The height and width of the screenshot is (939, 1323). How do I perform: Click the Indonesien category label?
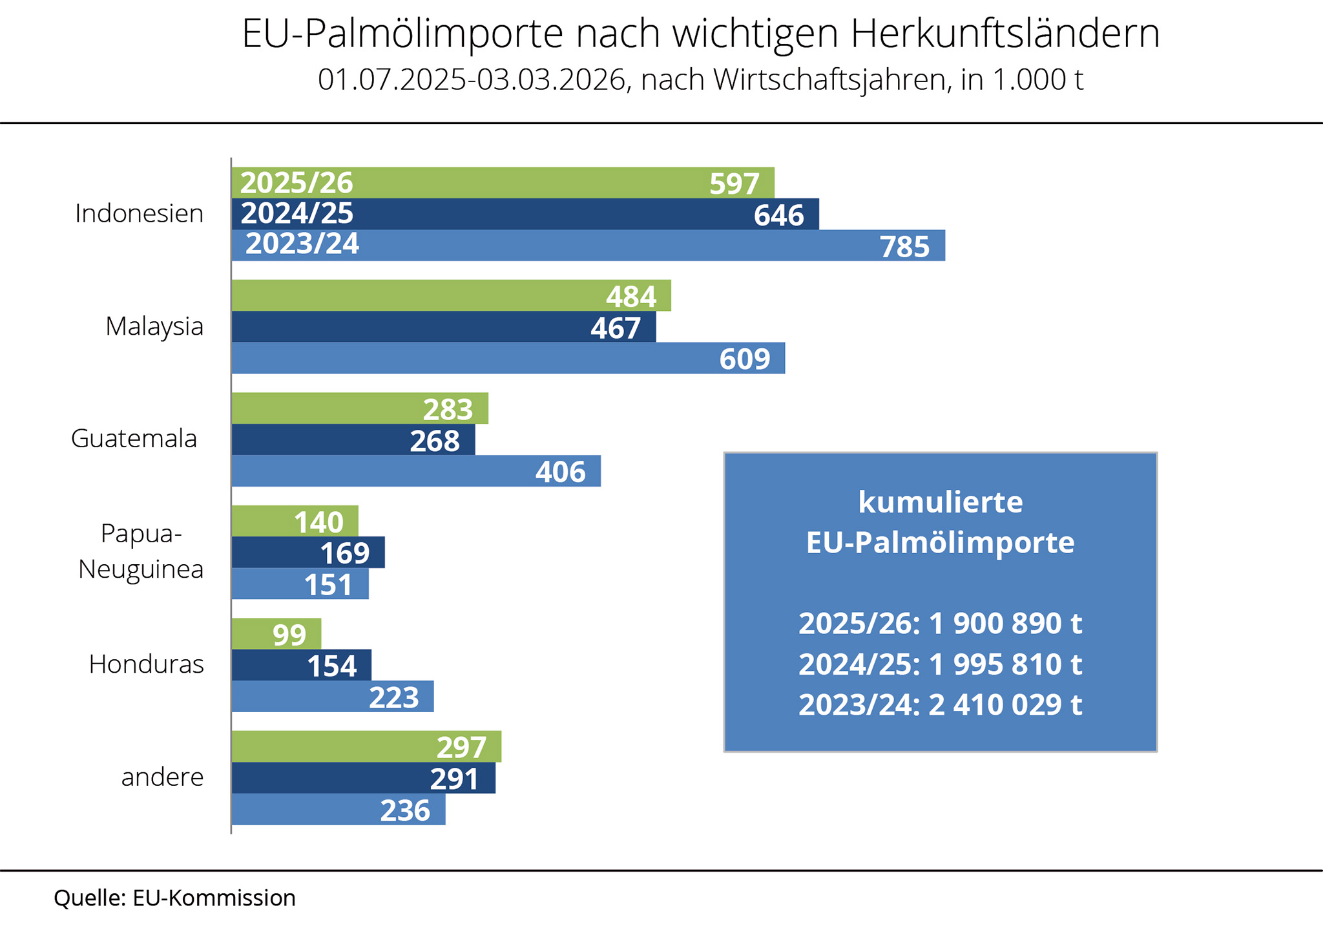pos(139,213)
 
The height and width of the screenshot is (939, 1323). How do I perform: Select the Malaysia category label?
pos(154,326)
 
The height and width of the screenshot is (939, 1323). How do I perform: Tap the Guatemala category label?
pos(134,439)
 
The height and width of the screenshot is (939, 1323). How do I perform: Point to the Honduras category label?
pos(147,664)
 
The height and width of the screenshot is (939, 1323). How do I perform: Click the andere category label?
pos(162,777)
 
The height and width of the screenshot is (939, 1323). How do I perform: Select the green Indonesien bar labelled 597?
pos(503,183)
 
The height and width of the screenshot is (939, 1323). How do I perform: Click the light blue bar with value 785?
pos(588,246)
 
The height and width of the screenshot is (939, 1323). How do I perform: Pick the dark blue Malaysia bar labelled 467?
pos(443,327)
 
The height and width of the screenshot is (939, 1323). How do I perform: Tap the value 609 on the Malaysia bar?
pos(745,359)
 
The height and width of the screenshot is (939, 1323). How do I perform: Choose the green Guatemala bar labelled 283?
pos(359,408)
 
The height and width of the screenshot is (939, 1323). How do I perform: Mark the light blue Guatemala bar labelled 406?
pos(415,471)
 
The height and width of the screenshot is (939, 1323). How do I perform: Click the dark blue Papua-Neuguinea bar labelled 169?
pos(307,553)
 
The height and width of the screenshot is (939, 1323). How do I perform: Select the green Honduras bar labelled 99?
pos(276,634)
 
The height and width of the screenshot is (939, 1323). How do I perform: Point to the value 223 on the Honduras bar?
pos(394,697)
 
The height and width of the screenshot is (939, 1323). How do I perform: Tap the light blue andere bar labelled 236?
pos(338,810)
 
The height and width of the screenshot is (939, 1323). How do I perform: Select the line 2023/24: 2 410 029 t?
pos(940,704)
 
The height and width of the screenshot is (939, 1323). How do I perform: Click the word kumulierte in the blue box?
pos(940,502)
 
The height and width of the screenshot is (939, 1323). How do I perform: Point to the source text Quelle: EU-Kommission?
pos(174,898)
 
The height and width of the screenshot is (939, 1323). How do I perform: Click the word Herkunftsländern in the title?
pos(1005,34)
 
